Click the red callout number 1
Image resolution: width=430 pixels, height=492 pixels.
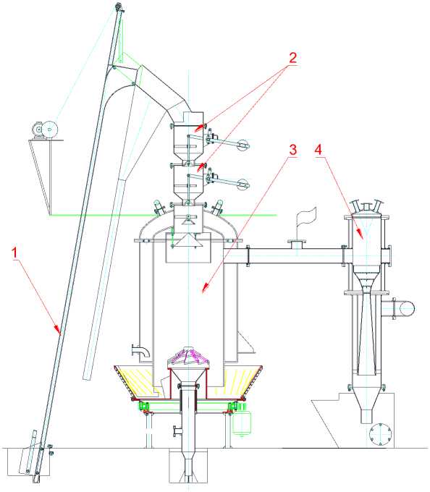(14, 253)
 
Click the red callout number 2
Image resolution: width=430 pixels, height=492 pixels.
(292, 58)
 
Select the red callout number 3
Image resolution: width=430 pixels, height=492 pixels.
(292, 150)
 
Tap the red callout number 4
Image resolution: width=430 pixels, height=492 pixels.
(319, 150)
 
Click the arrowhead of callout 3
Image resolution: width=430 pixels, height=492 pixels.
(206, 287)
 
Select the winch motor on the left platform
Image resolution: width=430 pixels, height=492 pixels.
(45, 130)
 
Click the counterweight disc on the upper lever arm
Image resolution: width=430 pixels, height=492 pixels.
(243, 145)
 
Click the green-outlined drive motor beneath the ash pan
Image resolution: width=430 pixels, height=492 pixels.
(241, 423)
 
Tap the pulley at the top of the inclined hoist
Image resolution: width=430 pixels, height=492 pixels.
(119, 7)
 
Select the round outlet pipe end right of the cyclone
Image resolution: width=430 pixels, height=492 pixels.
(406, 308)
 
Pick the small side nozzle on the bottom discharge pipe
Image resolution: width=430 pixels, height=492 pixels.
(177, 430)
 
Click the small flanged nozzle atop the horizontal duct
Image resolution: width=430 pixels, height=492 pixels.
(296, 244)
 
